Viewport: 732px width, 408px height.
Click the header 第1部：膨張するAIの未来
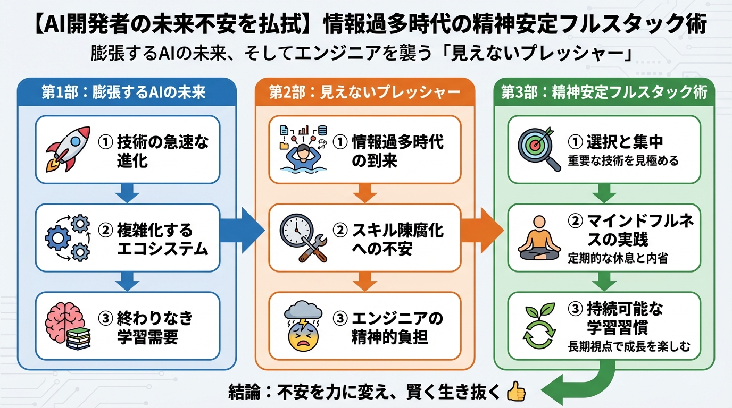click(x=123, y=92)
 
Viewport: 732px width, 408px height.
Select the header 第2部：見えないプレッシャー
click(x=364, y=92)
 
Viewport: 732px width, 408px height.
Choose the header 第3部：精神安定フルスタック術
click(x=604, y=92)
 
